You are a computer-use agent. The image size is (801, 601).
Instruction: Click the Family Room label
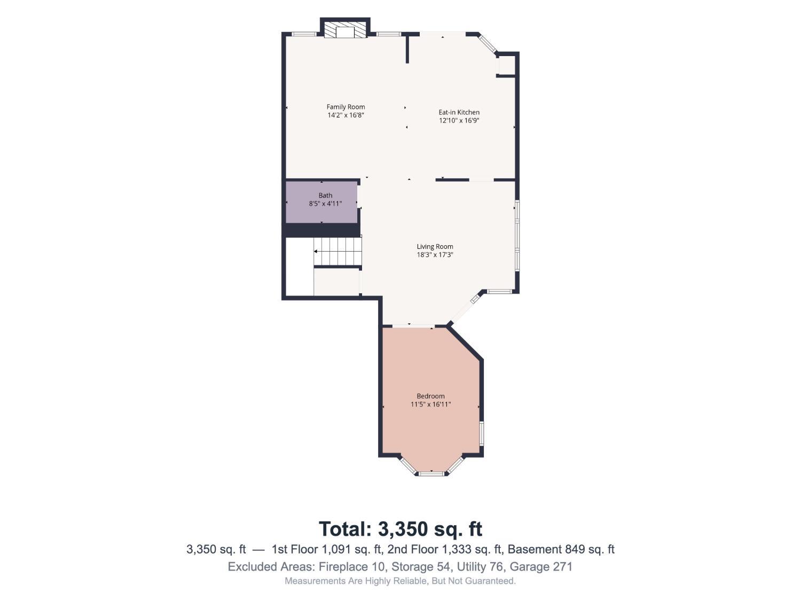click(345, 107)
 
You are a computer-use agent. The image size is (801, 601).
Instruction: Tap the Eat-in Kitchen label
click(459, 112)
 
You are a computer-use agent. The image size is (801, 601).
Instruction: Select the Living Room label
click(435, 247)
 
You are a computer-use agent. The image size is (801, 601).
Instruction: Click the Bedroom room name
click(430, 396)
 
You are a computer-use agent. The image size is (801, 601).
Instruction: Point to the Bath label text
click(325, 196)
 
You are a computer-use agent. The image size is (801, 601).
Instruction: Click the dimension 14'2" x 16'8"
click(345, 115)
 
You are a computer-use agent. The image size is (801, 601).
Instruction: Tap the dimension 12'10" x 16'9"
click(459, 121)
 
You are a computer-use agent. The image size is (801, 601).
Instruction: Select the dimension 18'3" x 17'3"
click(435, 255)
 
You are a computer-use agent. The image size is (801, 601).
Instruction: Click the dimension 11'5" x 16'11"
click(430, 405)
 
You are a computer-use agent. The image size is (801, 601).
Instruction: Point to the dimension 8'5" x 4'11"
click(325, 204)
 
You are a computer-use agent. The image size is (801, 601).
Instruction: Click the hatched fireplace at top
click(345, 32)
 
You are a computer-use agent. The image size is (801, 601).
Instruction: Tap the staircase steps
click(338, 252)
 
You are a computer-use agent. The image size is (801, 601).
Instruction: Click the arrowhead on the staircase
click(315, 252)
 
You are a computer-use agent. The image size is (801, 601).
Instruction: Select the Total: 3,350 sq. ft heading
click(400, 529)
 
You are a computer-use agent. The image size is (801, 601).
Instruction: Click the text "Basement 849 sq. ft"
click(561, 550)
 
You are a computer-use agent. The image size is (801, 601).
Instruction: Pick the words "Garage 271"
click(541, 567)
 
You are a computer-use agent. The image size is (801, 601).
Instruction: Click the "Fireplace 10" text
click(352, 567)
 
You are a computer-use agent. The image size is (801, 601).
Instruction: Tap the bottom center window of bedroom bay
click(431, 474)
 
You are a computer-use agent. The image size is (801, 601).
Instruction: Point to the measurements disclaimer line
click(400, 581)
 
